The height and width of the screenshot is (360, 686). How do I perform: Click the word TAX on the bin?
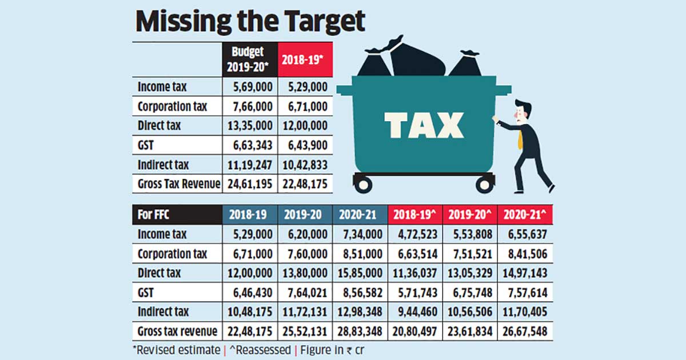pyautogui.click(x=423, y=125)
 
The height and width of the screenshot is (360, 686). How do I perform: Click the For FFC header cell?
pyautogui.click(x=177, y=215)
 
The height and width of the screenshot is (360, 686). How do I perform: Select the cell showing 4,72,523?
pyautogui.click(x=416, y=234)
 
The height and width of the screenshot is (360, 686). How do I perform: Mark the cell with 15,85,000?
pyautogui.click(x=360, y=273)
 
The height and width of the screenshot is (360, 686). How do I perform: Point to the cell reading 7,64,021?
pyautogui.click(x=305, y=293)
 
